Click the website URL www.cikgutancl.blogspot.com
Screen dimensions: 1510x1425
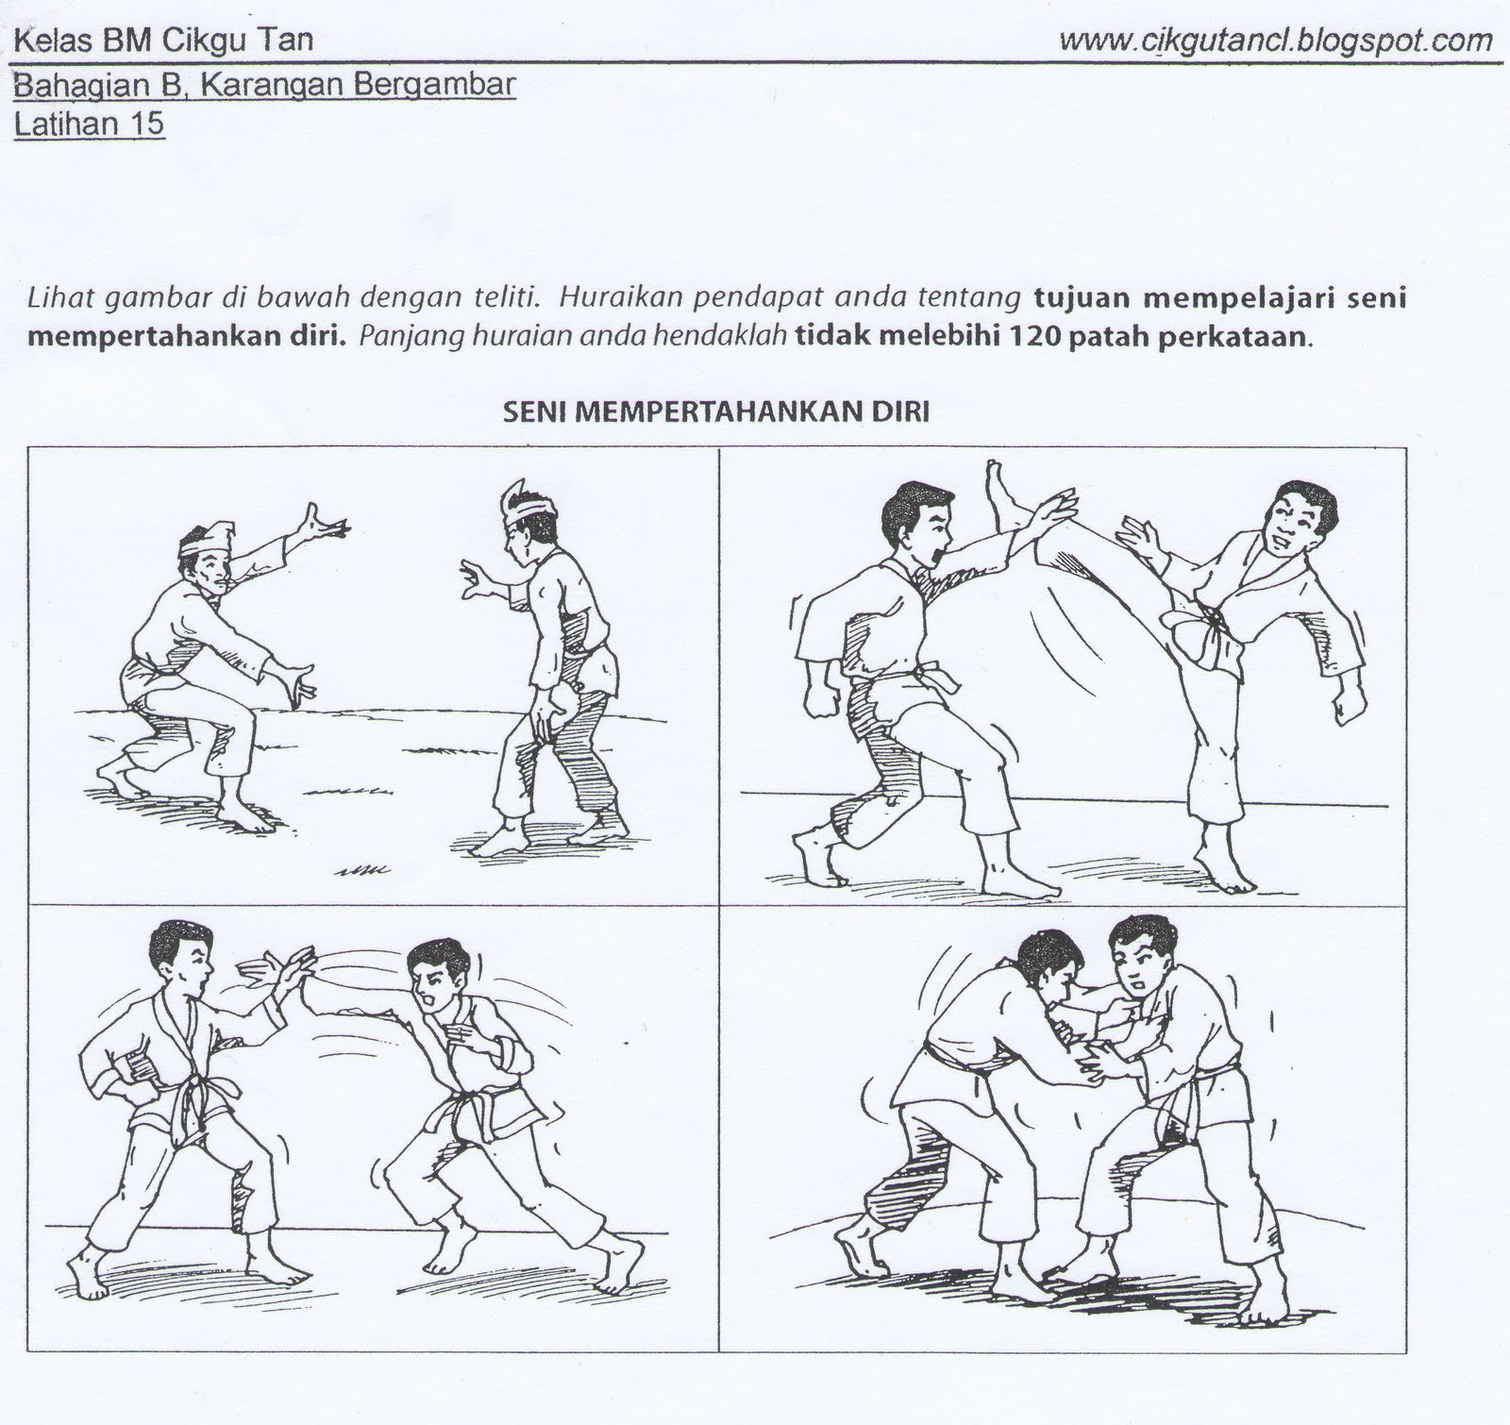tap(1275, 41)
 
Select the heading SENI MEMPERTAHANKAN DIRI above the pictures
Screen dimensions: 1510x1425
tap(716, 411)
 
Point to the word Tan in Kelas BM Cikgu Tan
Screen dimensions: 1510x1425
tap(288, 41)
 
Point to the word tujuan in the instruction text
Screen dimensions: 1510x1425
tap(1081, 299)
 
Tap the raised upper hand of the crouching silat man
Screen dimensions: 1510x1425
tap(320, 522)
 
